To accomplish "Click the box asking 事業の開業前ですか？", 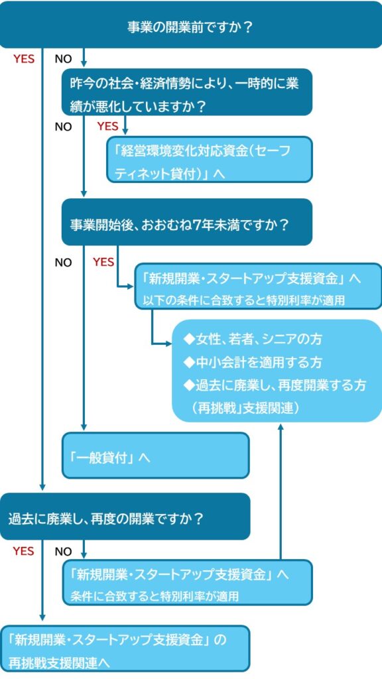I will tap(191, 27).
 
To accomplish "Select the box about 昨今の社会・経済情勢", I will tap(186, 93).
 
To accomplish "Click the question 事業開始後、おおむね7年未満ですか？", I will tap(186, 223).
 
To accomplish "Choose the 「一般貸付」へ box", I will tap(155, 456).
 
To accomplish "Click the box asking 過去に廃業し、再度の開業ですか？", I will tap(125, 517).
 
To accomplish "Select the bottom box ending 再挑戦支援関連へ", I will tap(125, 649).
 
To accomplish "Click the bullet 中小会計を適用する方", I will tap(253, 363).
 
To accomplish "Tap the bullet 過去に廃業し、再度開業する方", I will tap(275, 385).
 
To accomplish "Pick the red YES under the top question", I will tap(24, 59).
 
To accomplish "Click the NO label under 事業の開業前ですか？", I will tap(63, 59).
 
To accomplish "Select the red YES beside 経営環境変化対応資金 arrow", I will tap(107, 126).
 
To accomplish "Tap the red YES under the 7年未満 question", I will tap(103, 262).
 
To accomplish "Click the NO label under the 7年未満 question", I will tap(63, 263).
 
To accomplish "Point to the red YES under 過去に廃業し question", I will tap(24, 551).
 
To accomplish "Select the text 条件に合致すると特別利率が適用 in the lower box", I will tap(155, 595).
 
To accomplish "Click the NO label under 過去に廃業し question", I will tap(63, 551).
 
